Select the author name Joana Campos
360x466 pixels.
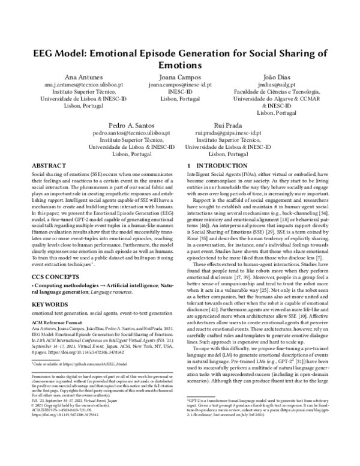pyautogui.click(x=180, y=78)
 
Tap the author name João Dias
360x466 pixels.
pyautogui.click(x=276, y=78)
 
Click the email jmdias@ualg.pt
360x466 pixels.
pyautogui.click(x=276, y=86)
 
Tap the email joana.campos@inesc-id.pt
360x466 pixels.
pyautogui.click(x=180, y=86)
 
